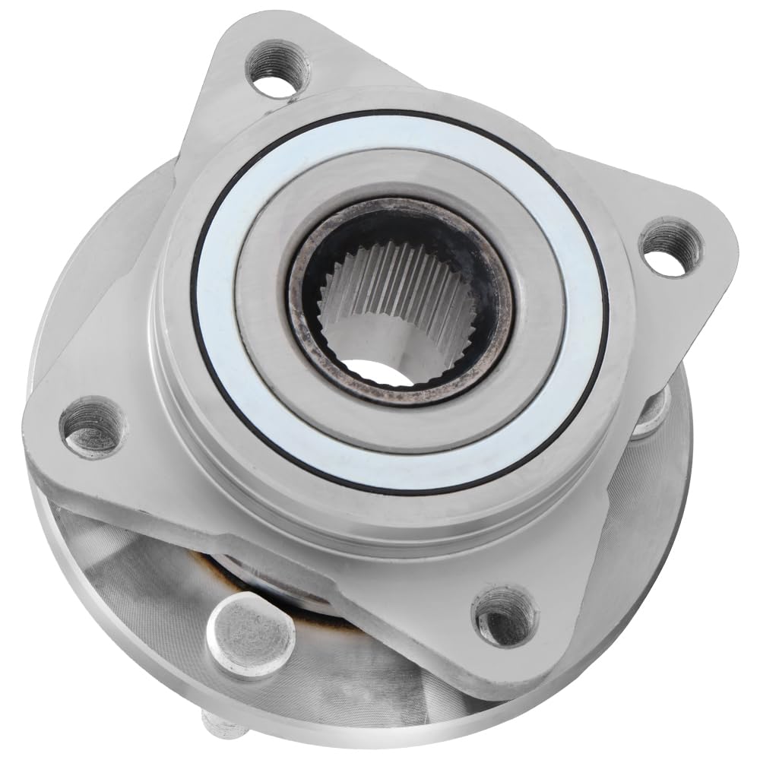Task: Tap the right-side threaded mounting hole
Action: point(671,246)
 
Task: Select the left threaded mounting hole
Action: point(93,426)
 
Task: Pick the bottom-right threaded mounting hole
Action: point(505,616)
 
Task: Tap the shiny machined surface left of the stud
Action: point(129,578)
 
